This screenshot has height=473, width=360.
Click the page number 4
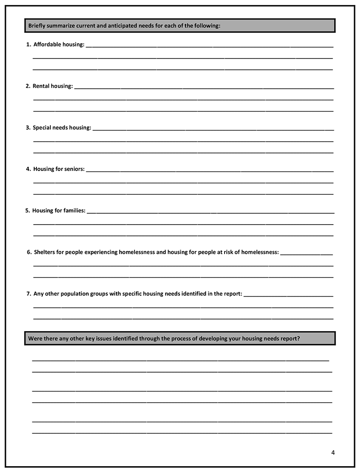333,452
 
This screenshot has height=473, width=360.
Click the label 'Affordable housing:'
59,44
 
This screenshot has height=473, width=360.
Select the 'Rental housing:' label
53,86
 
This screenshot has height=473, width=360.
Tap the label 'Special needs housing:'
62,127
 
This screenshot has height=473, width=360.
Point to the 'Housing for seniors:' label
59,169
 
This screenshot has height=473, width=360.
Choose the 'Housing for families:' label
59,210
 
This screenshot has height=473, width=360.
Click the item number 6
29,252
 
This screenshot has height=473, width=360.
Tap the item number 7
29,294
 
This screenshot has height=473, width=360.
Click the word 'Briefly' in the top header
37,26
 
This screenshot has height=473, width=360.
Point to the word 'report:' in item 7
233,294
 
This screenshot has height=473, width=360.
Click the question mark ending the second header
298,338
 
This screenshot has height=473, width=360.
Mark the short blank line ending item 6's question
306,254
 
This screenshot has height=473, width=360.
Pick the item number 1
28,44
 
